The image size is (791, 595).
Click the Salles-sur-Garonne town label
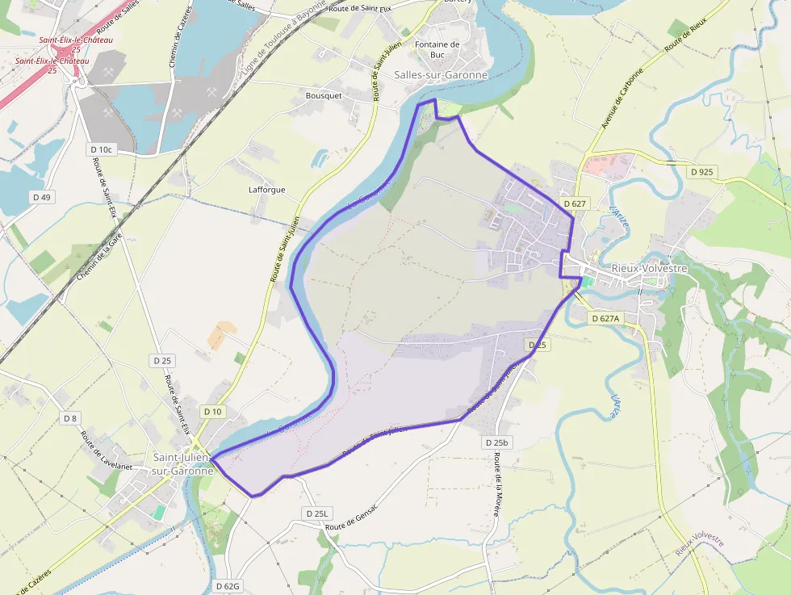(441, 75)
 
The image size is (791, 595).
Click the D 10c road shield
(103, 149)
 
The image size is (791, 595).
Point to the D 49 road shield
(41, 197)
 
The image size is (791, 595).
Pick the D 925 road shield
(702, 172)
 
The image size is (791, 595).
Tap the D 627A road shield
(605, 318)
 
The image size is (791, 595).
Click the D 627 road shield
(575, 203)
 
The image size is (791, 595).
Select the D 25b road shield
(497, 442)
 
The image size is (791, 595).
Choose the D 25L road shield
(319, 513)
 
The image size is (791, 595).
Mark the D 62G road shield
(228, 585)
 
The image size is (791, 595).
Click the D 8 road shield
(70, 417)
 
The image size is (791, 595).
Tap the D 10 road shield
(212, 412)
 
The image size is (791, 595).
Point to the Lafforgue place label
(266, 191)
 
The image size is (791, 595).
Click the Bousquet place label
(324, 95)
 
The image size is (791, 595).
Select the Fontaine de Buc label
(437, 49)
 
